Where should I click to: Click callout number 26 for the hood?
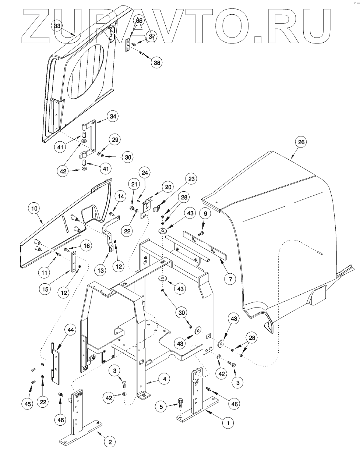click(301, 142)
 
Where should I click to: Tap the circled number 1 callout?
click(228, 423)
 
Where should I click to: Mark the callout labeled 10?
click(34, 209)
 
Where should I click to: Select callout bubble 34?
click(113, 117)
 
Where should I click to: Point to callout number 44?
click(70, 330)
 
